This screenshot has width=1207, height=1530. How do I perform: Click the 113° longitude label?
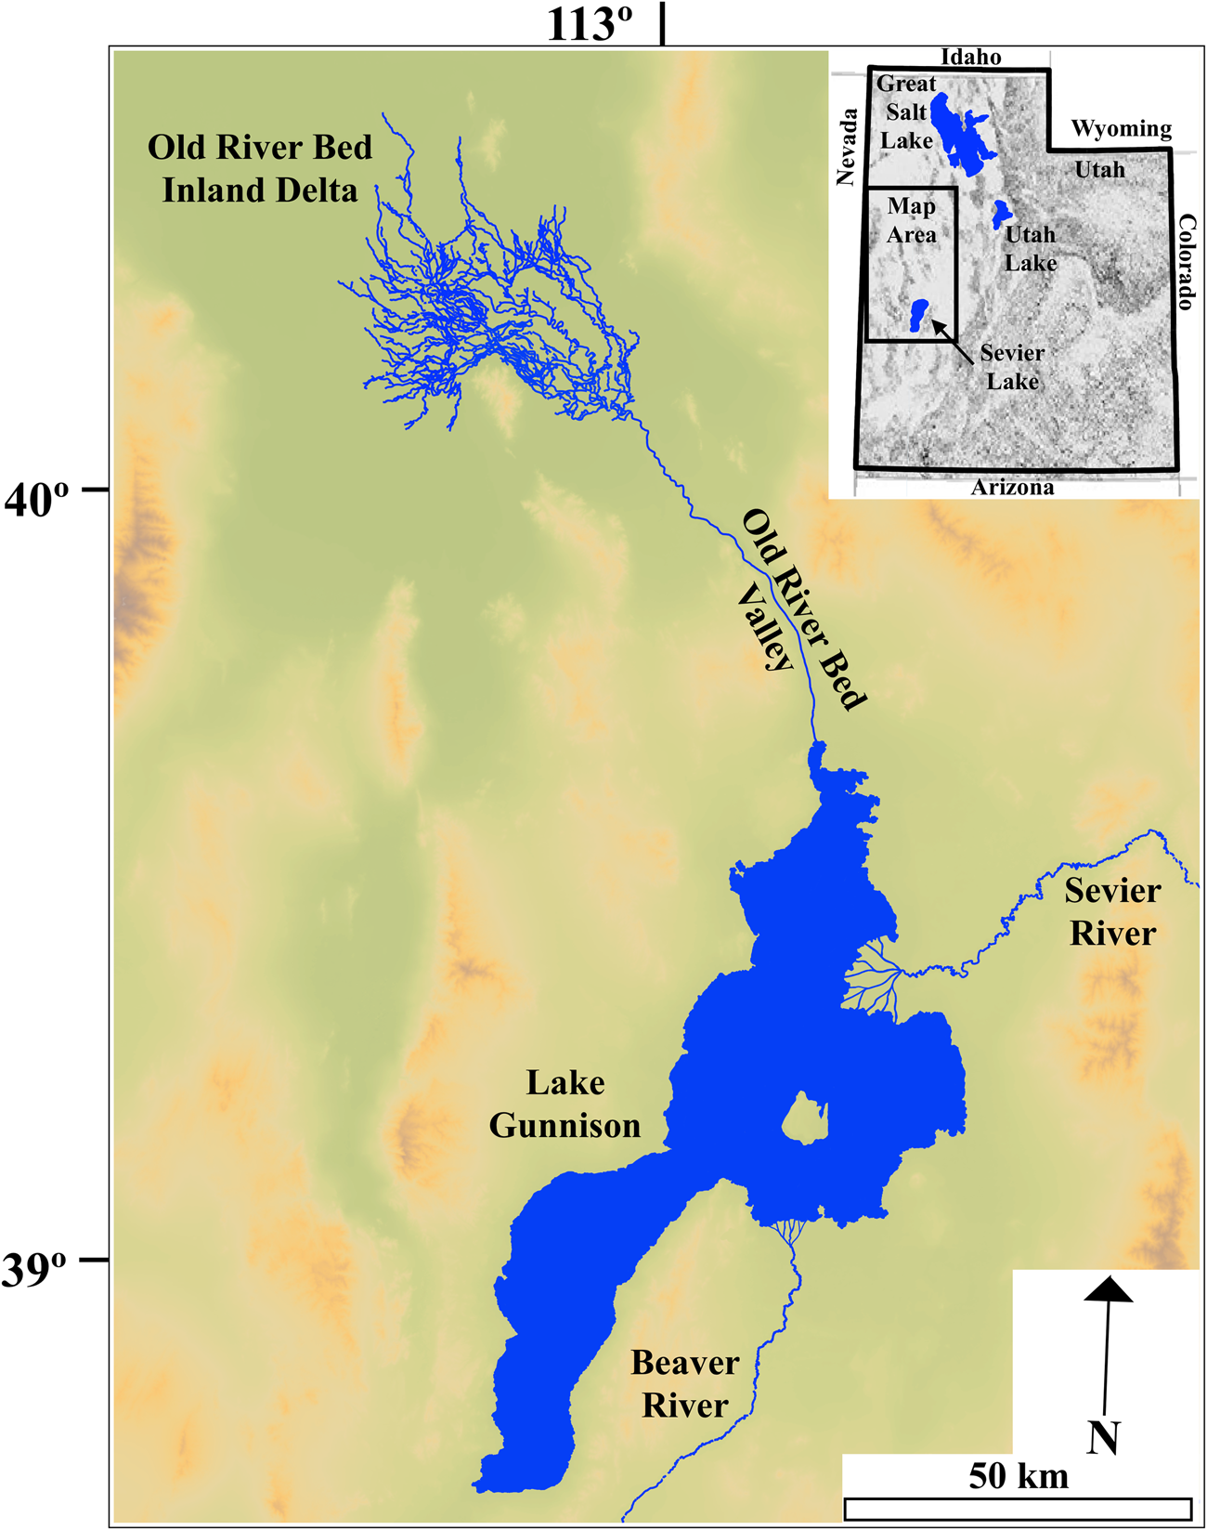(589, 24)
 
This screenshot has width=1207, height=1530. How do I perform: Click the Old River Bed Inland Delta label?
(260, 169)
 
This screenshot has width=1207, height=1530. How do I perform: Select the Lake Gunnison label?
(565, 1105)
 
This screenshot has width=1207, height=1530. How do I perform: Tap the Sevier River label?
(1112, 912)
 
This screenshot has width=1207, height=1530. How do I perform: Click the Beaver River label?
(685, 1384)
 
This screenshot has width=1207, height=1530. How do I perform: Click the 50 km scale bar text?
(1019, 1476)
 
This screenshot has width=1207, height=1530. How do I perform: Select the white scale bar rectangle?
(1019, 1508)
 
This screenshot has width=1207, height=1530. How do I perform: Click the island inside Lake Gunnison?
(804, 1117)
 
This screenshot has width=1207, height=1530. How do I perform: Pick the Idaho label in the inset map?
(971, 58)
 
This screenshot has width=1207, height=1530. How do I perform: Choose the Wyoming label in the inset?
(1122, 129)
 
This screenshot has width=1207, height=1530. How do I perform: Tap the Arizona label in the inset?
(1012, 488)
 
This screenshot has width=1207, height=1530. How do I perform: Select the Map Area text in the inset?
(911, 220)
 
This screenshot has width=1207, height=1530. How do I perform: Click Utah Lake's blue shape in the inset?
(999, 215)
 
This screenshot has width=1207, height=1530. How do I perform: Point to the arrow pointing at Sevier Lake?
(952, 340)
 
